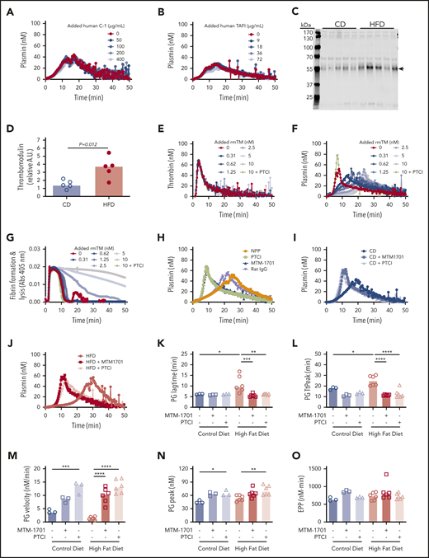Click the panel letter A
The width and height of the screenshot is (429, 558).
[x=7, y=7]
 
